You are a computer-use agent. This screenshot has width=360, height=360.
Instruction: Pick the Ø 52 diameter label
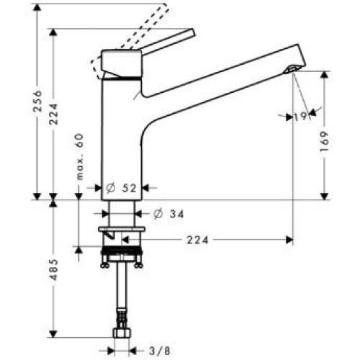point(122,188)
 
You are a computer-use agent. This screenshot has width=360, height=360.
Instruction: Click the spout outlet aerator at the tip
point(290,69)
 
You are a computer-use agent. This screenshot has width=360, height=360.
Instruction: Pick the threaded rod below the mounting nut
point(121,288)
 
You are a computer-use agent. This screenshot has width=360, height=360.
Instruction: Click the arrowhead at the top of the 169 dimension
point(326,75)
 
